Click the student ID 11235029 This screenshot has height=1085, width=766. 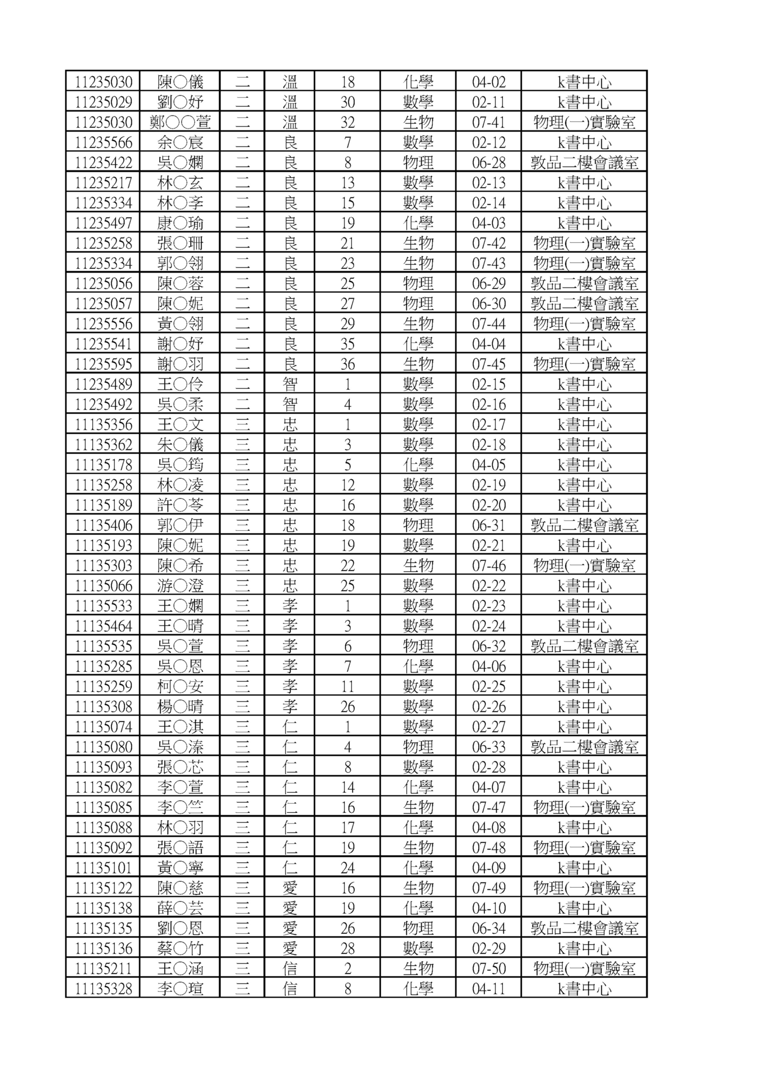point(103,102)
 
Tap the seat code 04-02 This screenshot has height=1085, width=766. point(489,82)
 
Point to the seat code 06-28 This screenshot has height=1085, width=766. point(489,162)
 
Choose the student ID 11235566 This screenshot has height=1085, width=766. point(103,142)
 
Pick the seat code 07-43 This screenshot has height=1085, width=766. point(489,263)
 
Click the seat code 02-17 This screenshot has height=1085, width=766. point(489,424)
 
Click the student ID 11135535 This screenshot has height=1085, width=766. point(103,646)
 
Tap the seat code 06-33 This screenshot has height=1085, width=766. point(489,747)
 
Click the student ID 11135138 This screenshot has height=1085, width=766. point(103,908)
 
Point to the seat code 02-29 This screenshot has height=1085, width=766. point(489,948)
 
